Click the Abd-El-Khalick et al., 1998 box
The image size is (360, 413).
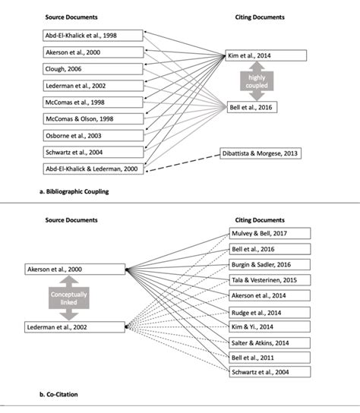click(x=81, y=36)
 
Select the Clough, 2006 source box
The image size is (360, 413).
click(x=81, y=69)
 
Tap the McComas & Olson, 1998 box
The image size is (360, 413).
click(x=81, y=119)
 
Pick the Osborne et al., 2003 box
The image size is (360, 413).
click(x=81, y=136)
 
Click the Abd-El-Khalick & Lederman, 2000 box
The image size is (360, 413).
click(x=81, y=169)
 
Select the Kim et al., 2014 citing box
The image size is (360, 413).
click(x=266, y=56)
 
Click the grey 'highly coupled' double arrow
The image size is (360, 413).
click(x=251, y=80)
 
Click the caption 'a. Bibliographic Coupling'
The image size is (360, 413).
click(x=73, y=192)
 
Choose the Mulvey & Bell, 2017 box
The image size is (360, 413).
click(x=270, y=234)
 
